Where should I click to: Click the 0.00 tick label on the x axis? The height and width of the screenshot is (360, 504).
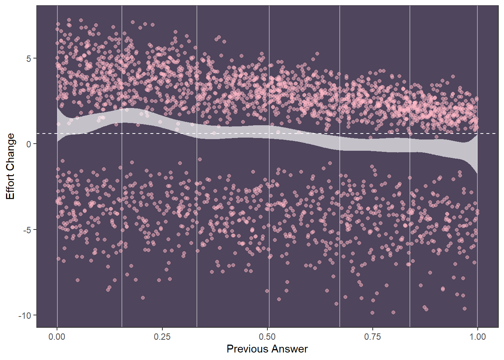57,337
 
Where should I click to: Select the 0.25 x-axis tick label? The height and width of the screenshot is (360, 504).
162,337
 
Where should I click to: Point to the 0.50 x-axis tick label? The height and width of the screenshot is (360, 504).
267,337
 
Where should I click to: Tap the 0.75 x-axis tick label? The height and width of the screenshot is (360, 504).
372,337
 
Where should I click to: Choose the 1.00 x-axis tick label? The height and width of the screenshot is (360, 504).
477,337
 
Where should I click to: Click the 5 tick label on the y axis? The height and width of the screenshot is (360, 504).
29,58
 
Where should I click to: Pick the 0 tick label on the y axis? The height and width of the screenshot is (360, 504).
29,144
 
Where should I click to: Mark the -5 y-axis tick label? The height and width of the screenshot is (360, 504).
27,230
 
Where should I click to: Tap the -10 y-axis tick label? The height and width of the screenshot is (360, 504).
25,315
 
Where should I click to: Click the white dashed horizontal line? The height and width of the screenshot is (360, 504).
487,133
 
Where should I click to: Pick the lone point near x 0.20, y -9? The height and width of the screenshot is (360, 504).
143,298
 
